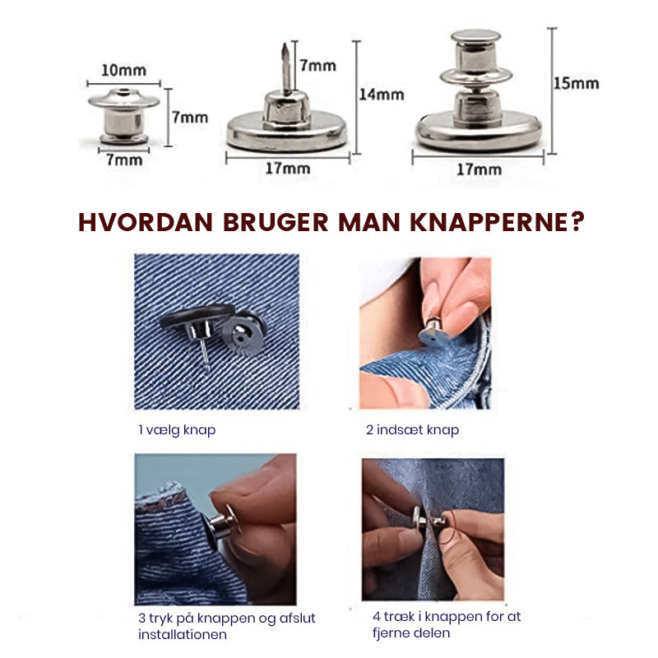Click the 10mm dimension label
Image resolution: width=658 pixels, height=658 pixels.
tap(124, 71)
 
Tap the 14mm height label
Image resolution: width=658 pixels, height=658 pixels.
tap(382, 95)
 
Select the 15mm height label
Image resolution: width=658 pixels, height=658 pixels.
tap(576, 84)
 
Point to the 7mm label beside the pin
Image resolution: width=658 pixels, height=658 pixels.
tap(317, 66)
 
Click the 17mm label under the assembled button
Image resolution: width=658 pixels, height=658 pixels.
tap(479, 169)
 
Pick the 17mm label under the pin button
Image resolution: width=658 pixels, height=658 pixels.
tap(288, 169)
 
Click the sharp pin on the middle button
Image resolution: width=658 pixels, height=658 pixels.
tap(285, 67)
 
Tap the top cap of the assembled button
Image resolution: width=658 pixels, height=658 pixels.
tap(475, 36)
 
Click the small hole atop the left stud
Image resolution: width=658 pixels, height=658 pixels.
tap(123, 92)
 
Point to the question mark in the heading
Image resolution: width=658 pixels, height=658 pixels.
tap(577, 221)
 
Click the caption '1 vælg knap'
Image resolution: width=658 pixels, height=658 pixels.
tap(177, 430)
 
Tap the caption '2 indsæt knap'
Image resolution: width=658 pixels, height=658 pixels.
tap(413, 430)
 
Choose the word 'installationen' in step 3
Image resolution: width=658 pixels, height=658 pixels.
tap(183, 634)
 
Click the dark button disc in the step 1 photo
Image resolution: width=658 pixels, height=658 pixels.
tap(197, 315)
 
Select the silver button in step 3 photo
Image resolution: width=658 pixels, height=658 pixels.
tap(220, 527)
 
